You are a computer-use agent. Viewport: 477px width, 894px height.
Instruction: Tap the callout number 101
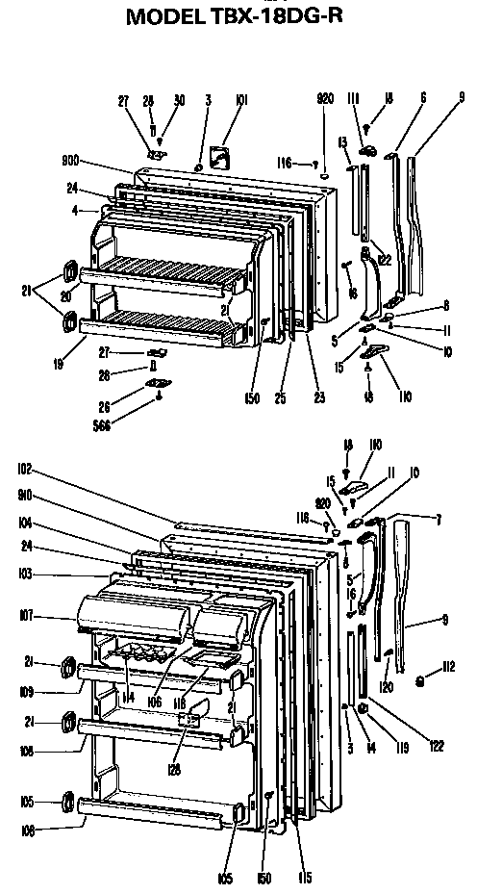click(240, 98)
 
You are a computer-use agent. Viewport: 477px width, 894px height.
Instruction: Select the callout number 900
click(71, 162)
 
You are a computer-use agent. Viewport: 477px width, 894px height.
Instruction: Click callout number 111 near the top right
click(353, 99)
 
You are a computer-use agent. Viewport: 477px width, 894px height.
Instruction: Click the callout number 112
click(448, 666)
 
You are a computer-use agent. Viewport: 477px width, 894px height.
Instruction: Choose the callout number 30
click(179, 99)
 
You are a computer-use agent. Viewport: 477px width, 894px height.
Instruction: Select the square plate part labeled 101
click(223, 155)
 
